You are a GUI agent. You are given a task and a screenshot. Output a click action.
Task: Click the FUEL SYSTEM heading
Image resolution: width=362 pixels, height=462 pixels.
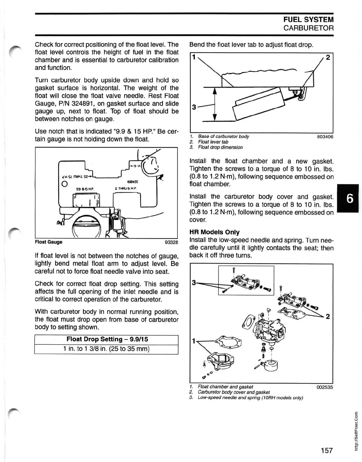pos(308,20)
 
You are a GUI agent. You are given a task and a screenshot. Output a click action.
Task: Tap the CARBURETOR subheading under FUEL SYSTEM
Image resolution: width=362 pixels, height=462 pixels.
pos(308,28)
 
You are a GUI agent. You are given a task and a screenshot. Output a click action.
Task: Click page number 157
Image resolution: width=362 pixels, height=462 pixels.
pos(327,450)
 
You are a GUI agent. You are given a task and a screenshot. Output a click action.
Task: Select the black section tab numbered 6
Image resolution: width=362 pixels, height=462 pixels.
pos(350,199)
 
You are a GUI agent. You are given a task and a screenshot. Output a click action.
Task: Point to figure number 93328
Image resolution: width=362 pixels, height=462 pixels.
pos(171,242)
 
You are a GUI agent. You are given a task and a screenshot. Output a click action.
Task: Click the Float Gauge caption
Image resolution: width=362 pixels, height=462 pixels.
pos(49,242)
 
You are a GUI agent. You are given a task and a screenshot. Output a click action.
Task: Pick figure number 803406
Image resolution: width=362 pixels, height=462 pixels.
pos(325,137)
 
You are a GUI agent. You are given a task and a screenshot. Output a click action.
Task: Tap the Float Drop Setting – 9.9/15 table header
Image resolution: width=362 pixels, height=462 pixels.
pos(106,339)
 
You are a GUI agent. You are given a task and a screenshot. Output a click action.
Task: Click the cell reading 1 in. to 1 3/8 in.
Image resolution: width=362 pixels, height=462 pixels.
pos(106,349)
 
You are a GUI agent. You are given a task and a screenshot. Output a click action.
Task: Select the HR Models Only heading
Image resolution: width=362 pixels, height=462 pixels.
pos(214,232)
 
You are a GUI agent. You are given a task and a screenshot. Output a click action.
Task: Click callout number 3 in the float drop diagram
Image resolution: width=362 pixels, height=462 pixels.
pos(194,107)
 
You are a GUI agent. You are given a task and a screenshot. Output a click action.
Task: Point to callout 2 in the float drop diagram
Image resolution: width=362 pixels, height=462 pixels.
pos(328,57)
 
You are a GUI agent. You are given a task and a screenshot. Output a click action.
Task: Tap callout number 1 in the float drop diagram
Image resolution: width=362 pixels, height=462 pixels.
pos(194,57)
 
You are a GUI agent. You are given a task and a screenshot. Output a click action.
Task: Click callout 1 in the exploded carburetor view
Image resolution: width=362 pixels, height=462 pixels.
pos(194,341)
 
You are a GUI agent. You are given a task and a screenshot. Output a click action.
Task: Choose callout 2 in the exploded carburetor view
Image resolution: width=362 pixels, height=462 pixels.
pos(327,317)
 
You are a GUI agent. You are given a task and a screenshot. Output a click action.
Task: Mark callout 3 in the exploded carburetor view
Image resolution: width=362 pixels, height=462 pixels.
pos(194,283)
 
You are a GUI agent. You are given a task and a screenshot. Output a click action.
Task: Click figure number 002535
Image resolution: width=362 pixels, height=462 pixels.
pos(324,387)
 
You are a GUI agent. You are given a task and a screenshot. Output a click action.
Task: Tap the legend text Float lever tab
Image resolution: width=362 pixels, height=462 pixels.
pos(213,142)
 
